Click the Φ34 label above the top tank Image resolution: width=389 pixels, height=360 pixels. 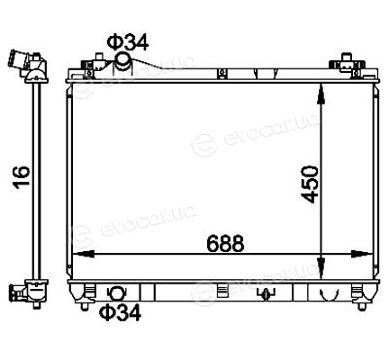click(x=128, y=42)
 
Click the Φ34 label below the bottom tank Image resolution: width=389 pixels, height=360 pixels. click(x=120, y=312)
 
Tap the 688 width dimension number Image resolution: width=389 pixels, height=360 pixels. click(x=225, y=243)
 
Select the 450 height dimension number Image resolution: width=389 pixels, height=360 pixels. click(x=310, y=184)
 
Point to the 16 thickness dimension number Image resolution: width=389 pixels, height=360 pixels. click(x=22, y=177)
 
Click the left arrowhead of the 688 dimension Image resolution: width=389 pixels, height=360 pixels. click(x=84, y=254)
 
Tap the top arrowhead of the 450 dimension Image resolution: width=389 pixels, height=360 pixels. click(x=321, y=94)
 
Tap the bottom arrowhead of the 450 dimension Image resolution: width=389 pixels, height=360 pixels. click(x=321, y=267)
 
